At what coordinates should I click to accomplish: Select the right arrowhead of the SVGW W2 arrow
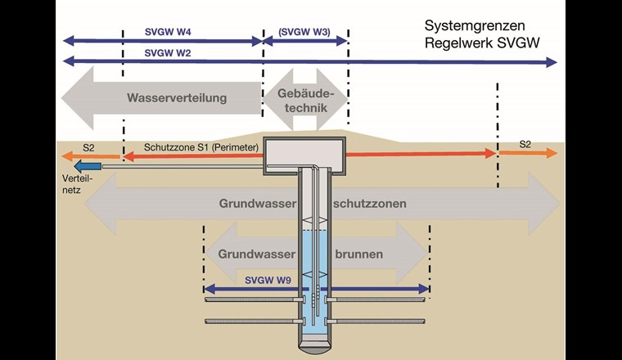[x=552, y=62]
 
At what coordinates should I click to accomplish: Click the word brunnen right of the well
[x=358, y=254]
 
